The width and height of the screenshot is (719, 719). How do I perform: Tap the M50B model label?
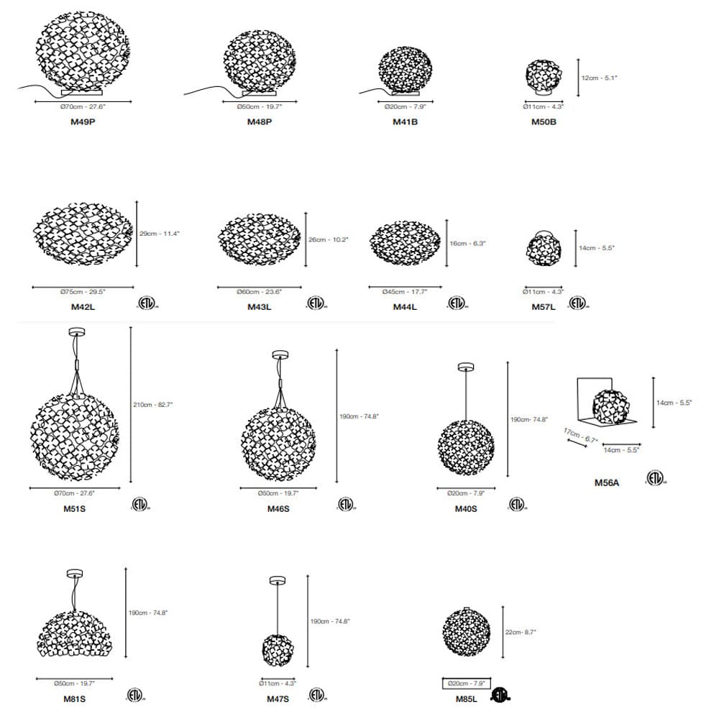click(544, 122)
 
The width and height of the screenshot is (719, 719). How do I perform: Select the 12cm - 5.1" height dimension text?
click(599, 78)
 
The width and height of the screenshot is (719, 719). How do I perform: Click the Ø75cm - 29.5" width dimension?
click(83, 292)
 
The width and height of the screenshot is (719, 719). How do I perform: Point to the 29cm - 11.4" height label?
click(160, 234)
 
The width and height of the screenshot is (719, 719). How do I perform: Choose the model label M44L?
click(404, 307)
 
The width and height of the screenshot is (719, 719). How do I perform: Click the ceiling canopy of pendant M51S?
click(75, 332)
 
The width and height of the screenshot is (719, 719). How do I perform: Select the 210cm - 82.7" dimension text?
click(153, 405)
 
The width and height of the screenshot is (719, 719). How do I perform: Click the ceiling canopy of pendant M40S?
click(466, 367)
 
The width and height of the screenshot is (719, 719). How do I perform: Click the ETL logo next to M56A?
click(655, 477)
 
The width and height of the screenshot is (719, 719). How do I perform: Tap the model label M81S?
click(74, 698)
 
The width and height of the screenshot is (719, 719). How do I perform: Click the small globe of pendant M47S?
click(278, 650)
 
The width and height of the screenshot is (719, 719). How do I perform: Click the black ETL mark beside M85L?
click(500, 695)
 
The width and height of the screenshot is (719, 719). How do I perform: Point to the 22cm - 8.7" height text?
click(521, 633)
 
